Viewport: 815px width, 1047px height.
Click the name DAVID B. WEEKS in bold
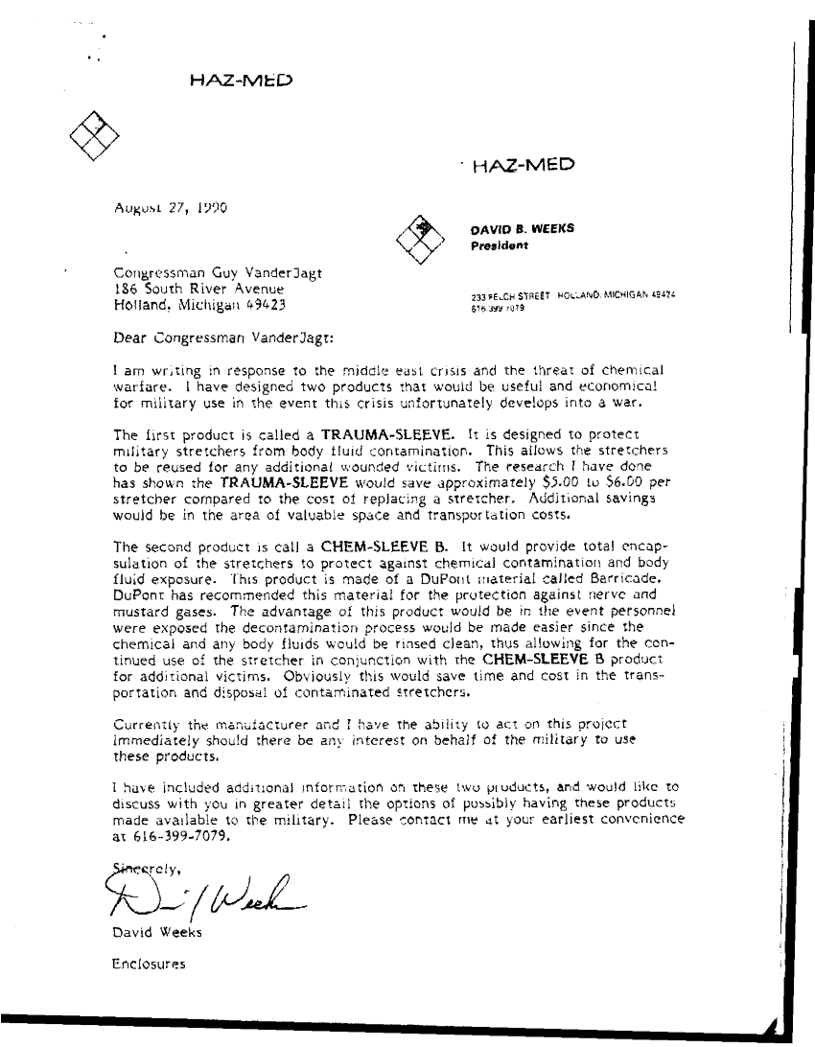pyautogui.click(x=521, y=229)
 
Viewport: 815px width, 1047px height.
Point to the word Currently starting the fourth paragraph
pyautogui.click(x=147, y=724)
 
